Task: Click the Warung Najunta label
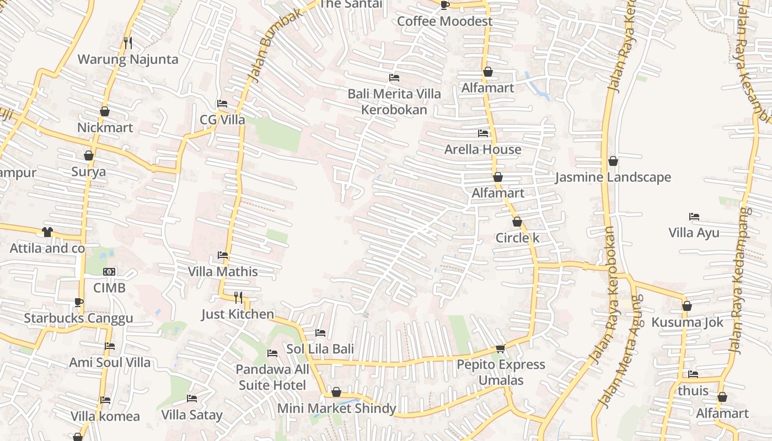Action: pyautogui.click(x=128, y=60)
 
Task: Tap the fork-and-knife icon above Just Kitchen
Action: pyautogui.click(x=238, y=298)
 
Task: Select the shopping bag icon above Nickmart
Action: pyautogui.click(x=105, y=111)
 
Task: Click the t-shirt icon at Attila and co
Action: pyautogui.click(x=47, y=232)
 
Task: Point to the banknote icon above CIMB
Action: pyautogui.click(x=109, y=272)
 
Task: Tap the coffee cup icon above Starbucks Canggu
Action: pyautogui.click(x=78, y=302)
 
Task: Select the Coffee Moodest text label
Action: pyautogui.click(x=444, y=21)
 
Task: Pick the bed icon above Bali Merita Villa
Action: pyautogui.click(x=394, y=78)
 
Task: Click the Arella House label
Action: pyautogui.click(x=482, y=149)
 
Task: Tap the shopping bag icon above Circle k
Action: pyautogui.click(x=517, y=222)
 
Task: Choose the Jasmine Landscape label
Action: pyautogui.click(x=613, y=178)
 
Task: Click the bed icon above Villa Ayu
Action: pyautogui.click(x=694, y=217)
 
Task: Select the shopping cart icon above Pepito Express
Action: pyautogui.click(x=501, y=348)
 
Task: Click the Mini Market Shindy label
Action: pyautogui.click(x=336, y=408)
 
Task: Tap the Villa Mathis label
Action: pyautogui.click(x=223, y=272)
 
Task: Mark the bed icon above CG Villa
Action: pyautogui.click(x=222, y=104)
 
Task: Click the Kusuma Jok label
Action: pyautogui.click(x=687, y=322)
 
